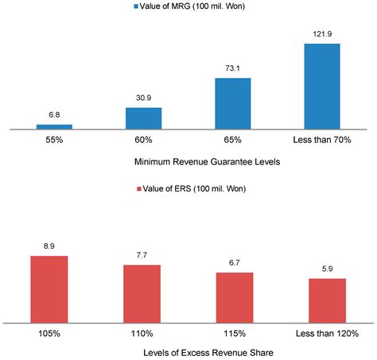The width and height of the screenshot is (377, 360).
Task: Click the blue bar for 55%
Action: (54, 126)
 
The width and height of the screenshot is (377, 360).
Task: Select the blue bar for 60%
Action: (143, 118)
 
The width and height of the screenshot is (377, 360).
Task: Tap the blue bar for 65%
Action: (232, 103)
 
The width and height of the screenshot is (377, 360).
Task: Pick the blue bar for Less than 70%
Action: (321, 85)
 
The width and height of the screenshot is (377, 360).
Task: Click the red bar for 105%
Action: (49, 289)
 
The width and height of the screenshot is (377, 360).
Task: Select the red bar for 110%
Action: (142, 293)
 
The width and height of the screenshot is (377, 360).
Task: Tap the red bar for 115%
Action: (235, 297)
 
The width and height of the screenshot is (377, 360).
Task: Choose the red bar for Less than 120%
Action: (328, 300)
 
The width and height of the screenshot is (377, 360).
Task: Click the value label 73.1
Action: (232, 69)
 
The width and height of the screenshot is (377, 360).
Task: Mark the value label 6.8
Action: (54, 115)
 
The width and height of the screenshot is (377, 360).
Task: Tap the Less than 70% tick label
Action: (321, 140)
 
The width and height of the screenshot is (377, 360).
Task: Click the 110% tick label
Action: (142, 333)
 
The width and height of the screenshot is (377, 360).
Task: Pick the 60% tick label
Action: (143, 140)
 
